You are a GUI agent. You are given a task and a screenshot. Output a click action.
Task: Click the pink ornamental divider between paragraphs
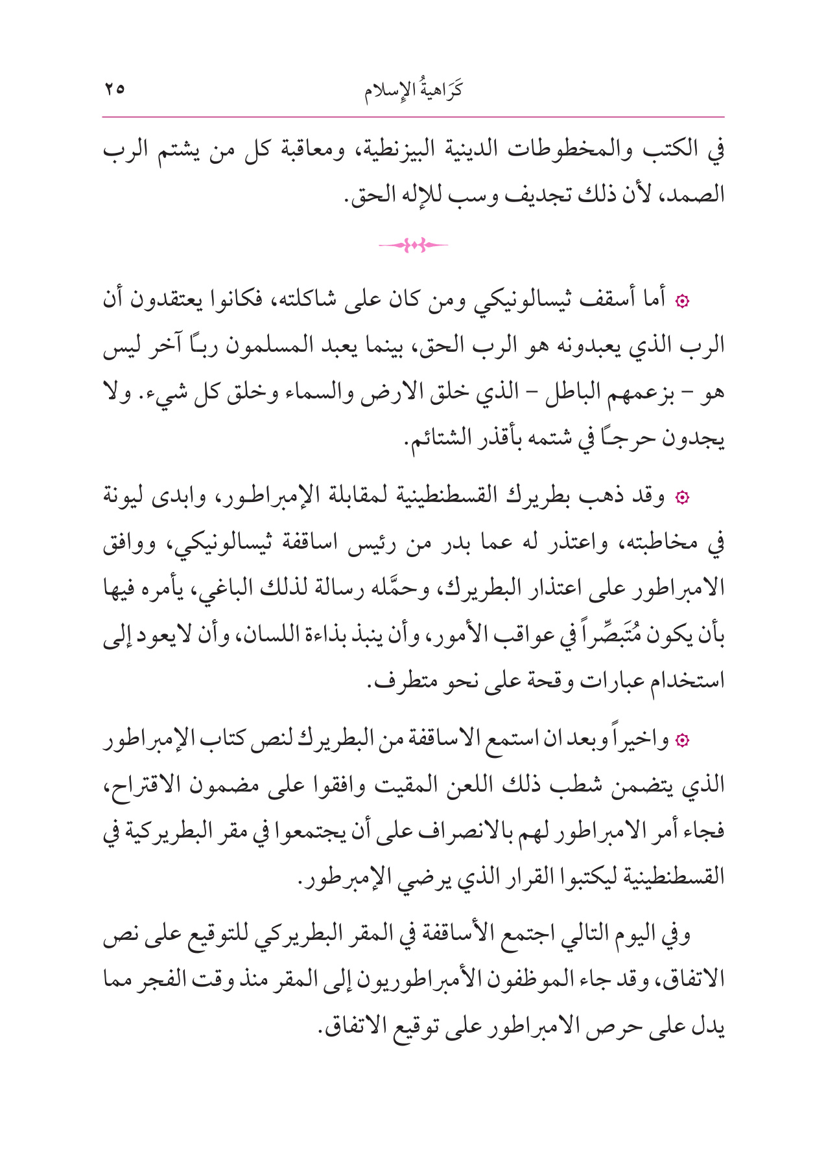(413, 245)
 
